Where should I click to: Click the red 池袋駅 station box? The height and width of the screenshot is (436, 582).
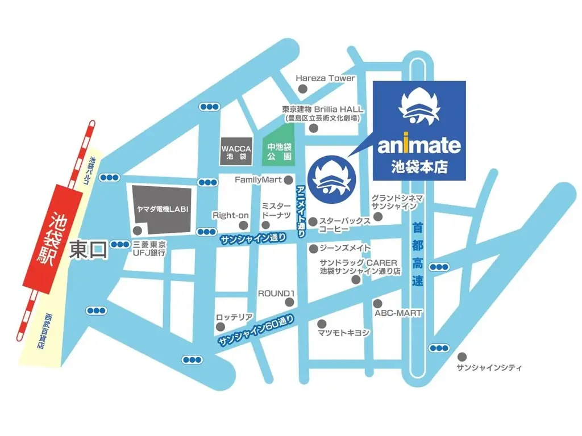pos(52,236)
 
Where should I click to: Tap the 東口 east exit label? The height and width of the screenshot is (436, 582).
pos(88,250)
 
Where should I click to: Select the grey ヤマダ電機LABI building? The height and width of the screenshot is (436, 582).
pos(161,209)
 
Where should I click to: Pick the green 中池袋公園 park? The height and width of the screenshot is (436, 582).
pos(278,151)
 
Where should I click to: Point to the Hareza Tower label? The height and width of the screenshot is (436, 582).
pos(326,78)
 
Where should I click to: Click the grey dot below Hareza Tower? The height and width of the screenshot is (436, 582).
pos(303,89)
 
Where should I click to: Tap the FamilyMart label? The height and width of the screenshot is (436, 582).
pos(259,179)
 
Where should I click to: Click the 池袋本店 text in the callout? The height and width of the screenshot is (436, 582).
pos(418,167)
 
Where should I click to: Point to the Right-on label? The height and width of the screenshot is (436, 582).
pos(231,215)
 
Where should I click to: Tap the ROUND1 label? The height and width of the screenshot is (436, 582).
pos(277,294)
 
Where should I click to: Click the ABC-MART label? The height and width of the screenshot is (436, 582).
pos(398,313)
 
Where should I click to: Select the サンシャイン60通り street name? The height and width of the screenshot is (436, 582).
pos(256,332)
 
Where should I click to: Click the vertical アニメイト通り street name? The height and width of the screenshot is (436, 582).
pos(301,210)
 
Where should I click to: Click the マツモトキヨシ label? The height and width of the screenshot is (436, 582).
pos(344,332)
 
